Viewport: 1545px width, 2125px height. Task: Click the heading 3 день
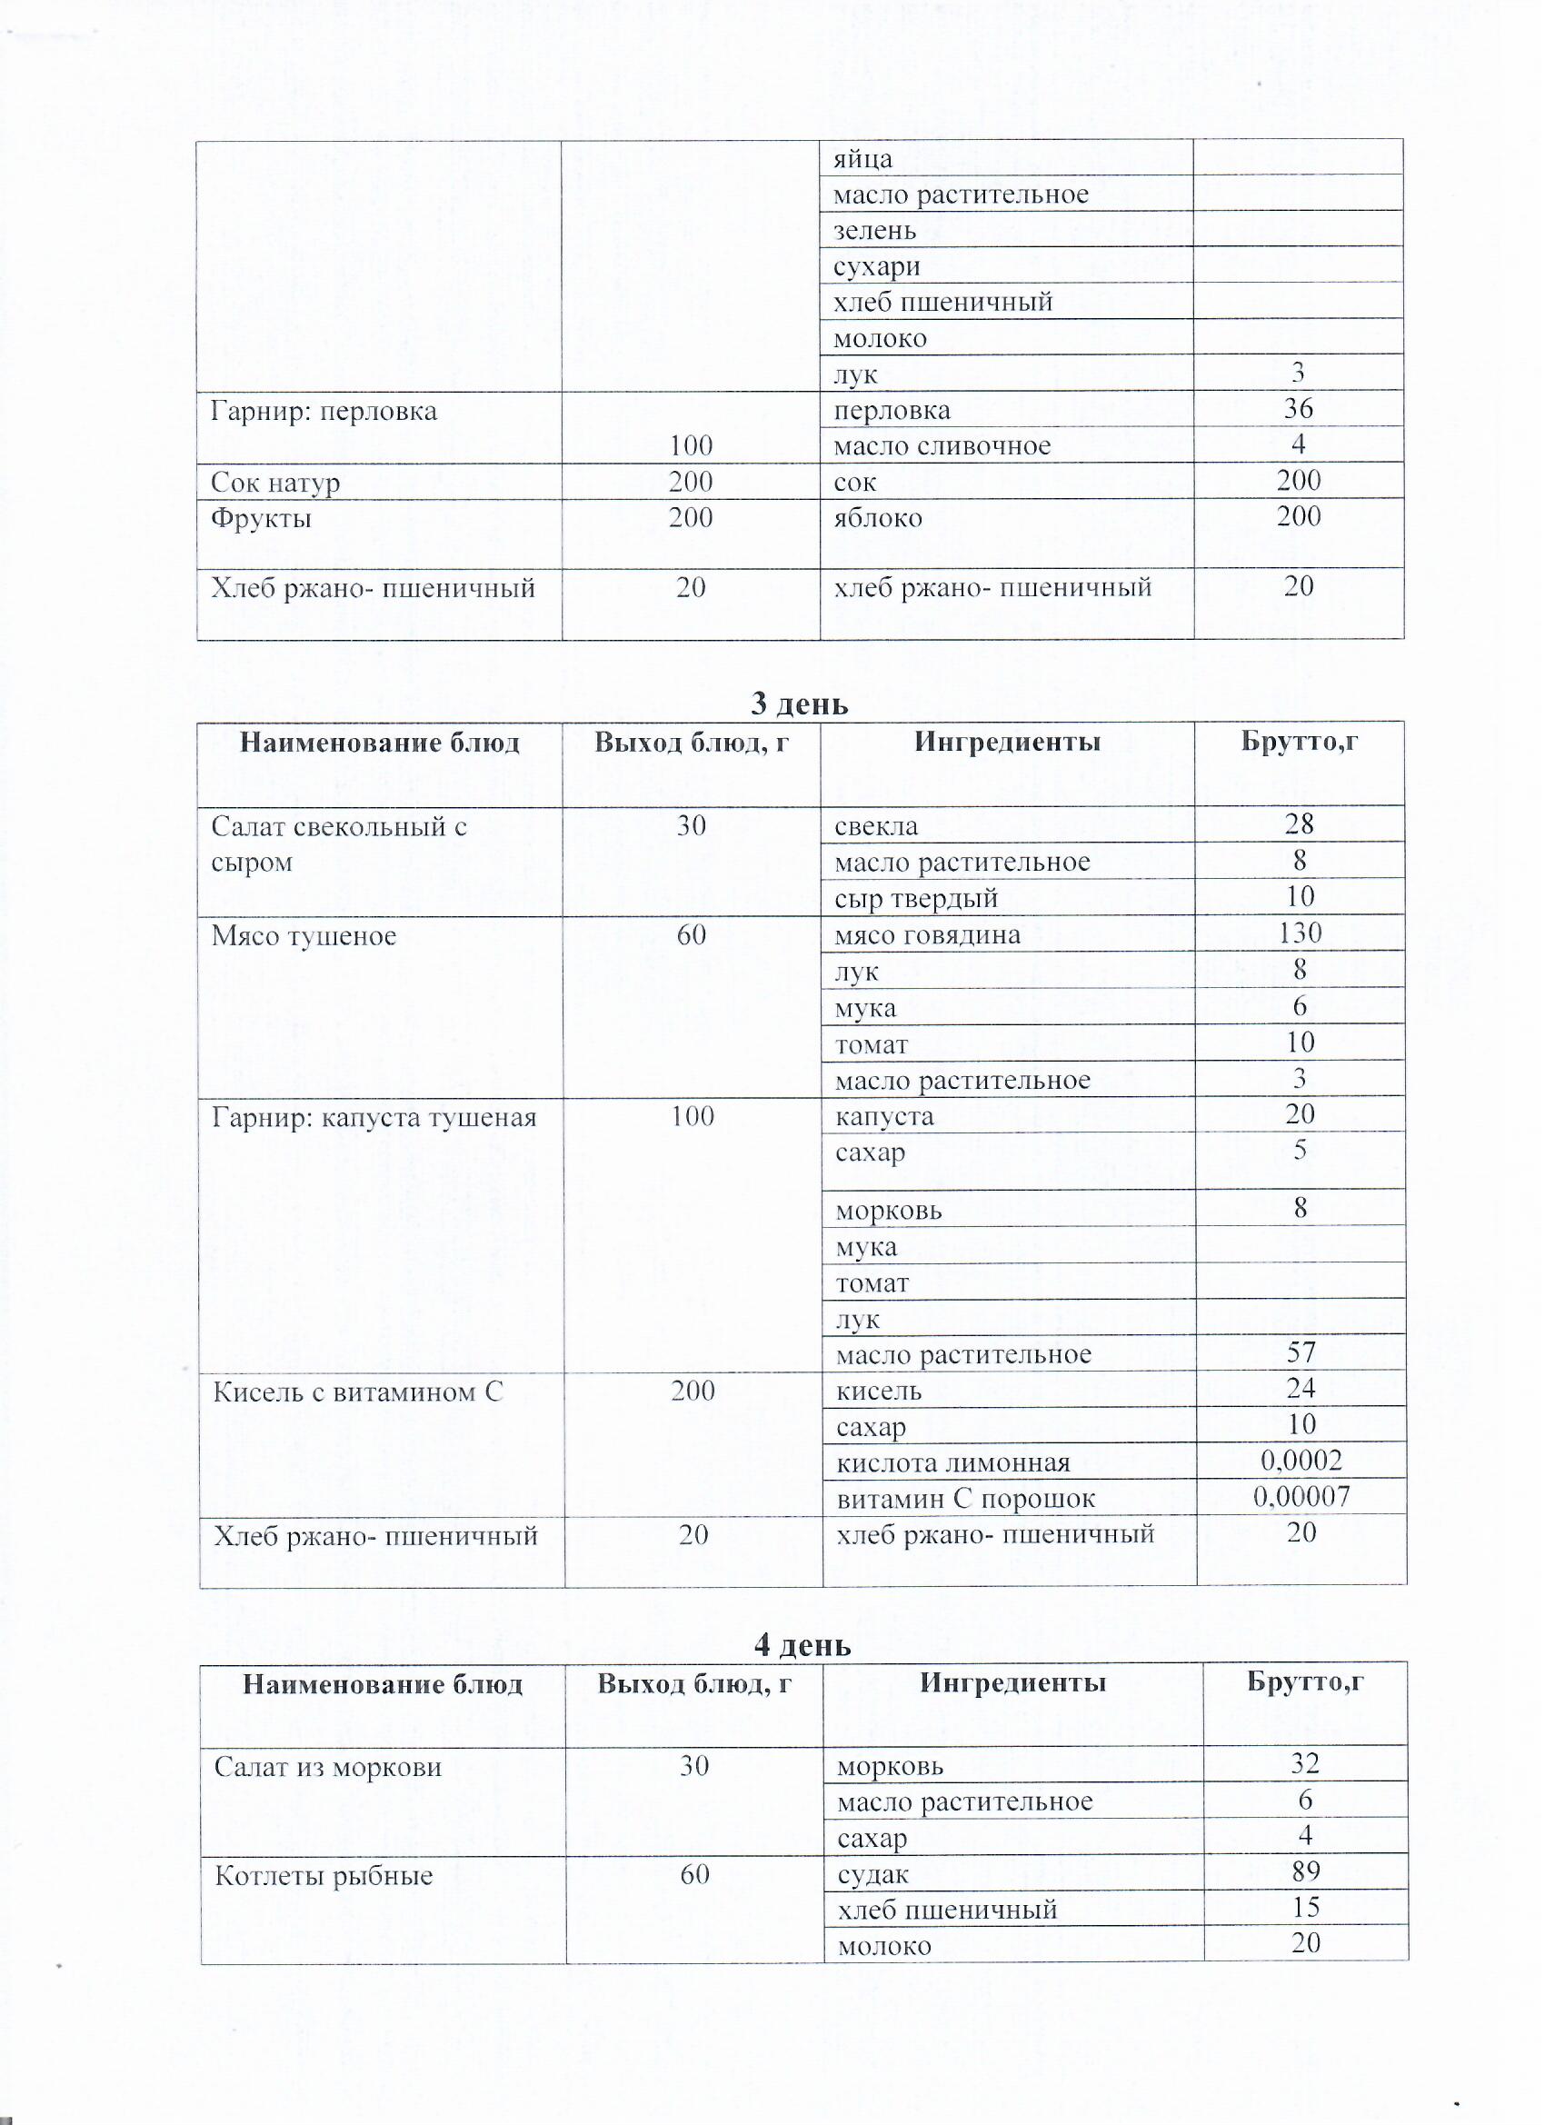click(799, 703)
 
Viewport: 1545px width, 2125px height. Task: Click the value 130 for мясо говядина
click(1300, 933)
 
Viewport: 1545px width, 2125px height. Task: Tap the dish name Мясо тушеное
click(304, 936)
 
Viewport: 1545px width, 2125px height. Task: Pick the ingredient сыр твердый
click(916, 899)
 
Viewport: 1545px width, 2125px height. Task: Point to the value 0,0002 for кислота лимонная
click(1301, 1460)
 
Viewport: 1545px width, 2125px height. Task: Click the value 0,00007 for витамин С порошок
click(1301, 1496)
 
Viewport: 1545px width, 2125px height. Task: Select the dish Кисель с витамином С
click(358, 1392)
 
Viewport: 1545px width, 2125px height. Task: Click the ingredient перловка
click(892, 412)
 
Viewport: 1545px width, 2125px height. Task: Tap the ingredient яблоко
click(878, 518)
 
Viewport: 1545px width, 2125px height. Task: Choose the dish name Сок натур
click(274, 484)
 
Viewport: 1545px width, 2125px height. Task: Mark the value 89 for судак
click(1305, 1871)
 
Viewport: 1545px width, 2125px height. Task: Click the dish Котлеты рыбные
click(324, 1876)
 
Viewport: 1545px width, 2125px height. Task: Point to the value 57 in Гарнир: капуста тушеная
click(1301, 1352)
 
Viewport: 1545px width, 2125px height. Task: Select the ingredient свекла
click(876, 826)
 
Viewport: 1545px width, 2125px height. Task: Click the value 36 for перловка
click(1298, 408)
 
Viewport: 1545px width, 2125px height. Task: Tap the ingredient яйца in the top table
click(862, 159)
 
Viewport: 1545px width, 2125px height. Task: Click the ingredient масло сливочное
click(942, 447)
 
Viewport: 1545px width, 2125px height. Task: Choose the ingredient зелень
click(874, 231)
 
